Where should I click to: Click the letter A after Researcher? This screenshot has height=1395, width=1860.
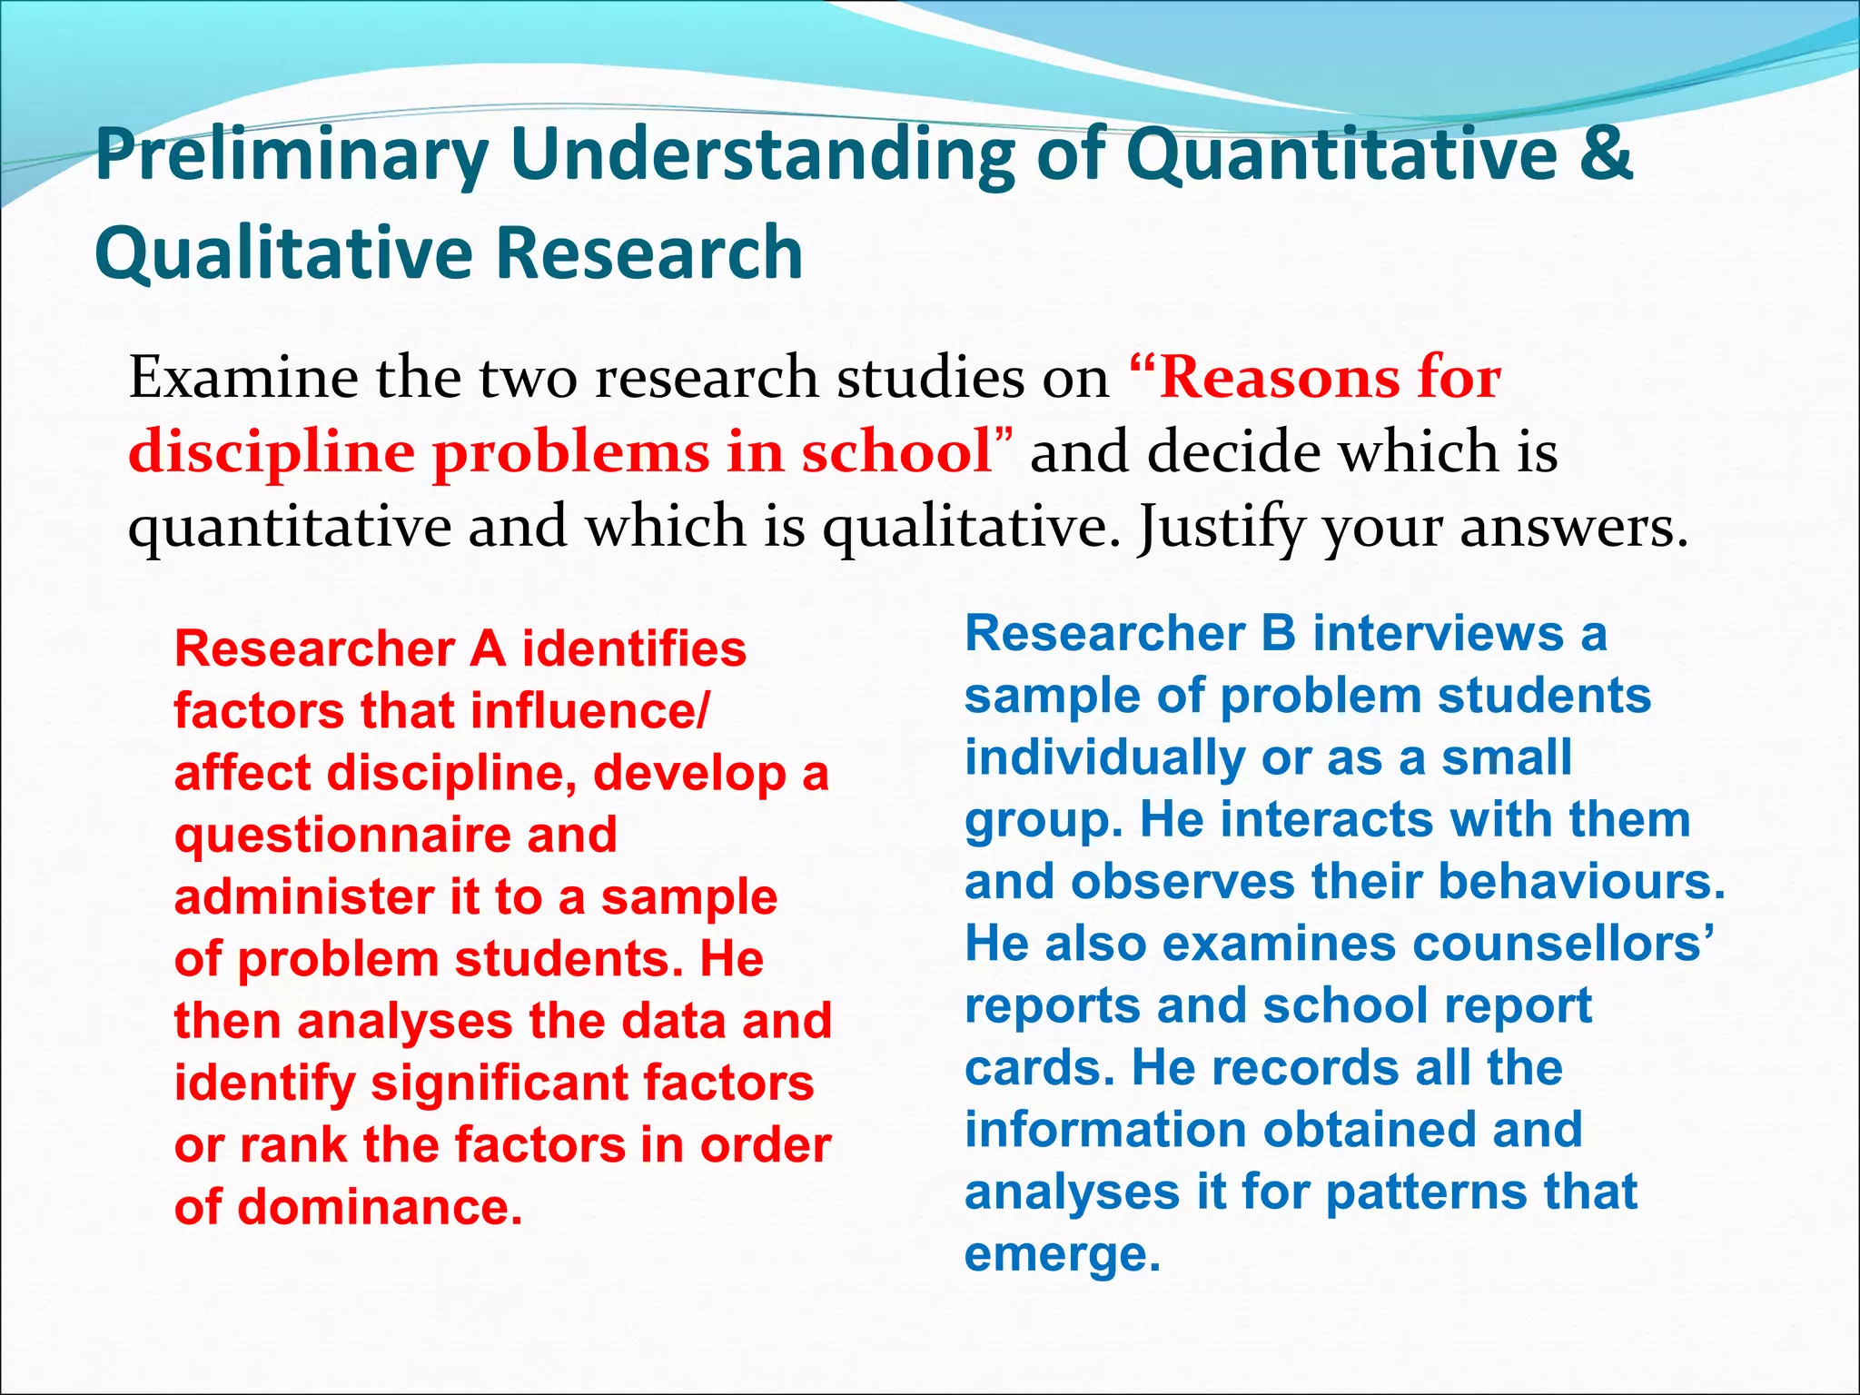pos(488,649)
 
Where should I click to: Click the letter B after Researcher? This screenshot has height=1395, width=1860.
pos(1278,633)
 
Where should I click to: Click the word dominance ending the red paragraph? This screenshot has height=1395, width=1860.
pos(380,1207)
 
